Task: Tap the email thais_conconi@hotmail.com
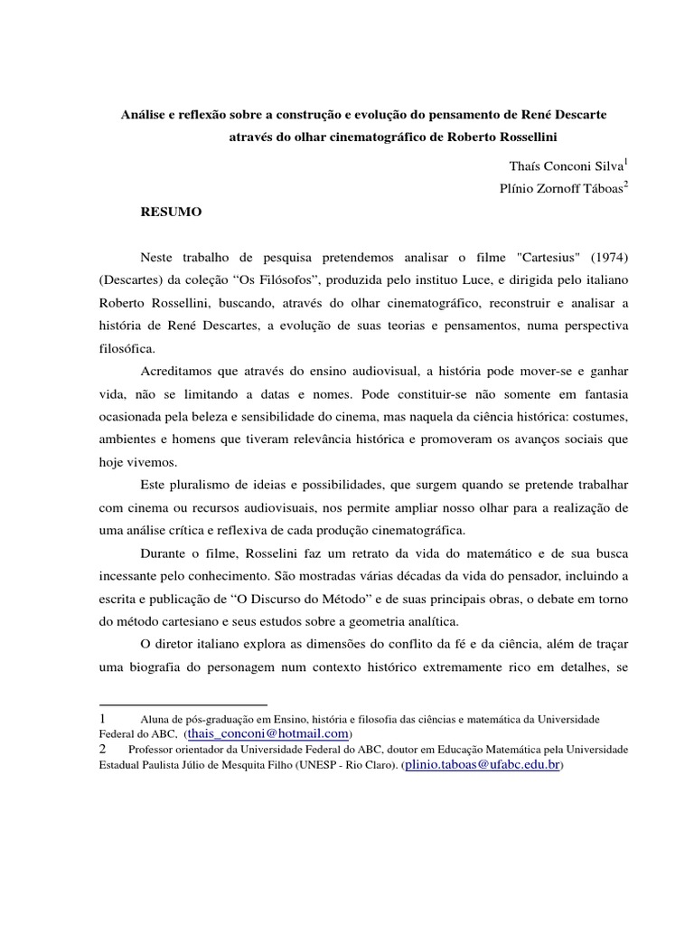click(x=267, y=733)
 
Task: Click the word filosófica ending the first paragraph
click(x=127, y=348)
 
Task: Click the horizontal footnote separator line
click(x=183, y=704)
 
